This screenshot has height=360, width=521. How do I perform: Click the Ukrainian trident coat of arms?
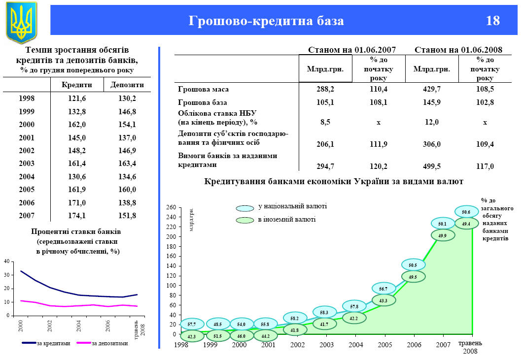pos(21,23)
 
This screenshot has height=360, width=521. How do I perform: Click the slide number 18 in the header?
pos(492,21)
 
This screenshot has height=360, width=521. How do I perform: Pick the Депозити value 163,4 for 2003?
pos(127,163)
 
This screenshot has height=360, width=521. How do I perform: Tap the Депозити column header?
pos(127,85)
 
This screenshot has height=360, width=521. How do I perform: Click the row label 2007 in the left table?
pos(27,215)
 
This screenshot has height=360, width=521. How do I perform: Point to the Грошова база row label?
pos(202,102)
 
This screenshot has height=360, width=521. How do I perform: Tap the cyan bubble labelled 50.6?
pos(466,212)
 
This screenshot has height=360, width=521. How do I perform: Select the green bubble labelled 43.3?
pos(383,300)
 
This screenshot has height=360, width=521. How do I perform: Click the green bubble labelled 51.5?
pos(217,336)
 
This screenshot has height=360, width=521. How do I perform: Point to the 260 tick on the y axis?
pos(171,207)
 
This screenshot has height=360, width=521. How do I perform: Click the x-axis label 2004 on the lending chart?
pos(356,344)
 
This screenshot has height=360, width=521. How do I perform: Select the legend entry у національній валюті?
pos(292,207)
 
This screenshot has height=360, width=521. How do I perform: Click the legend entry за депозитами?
pos(109,343)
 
